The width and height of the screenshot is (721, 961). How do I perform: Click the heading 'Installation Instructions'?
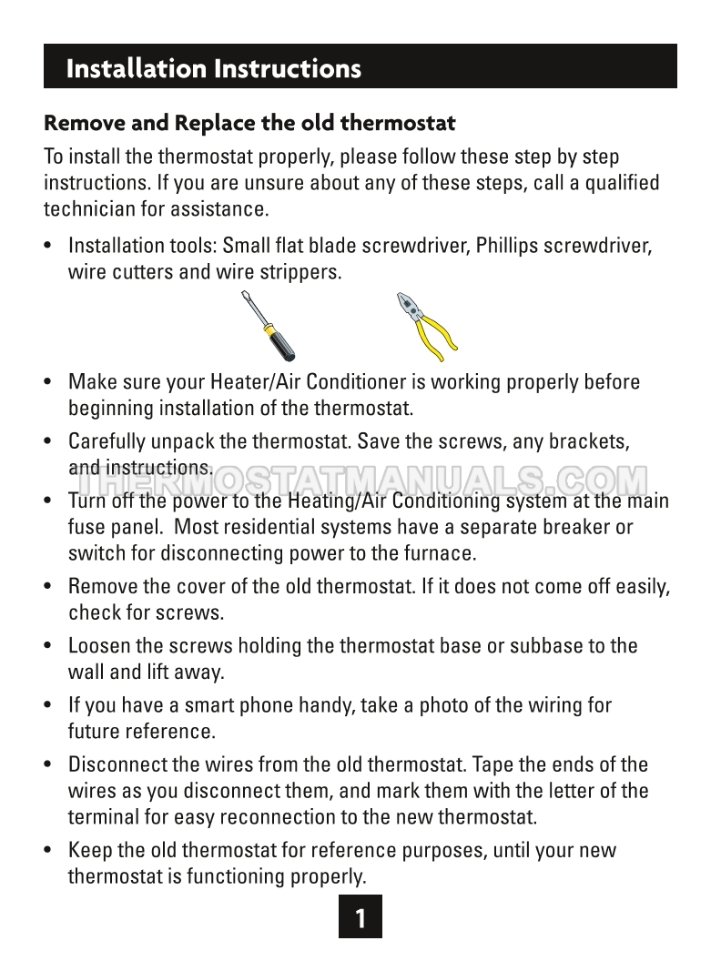tap(214, 68)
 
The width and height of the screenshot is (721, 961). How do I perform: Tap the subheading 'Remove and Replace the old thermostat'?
tap(249, 122)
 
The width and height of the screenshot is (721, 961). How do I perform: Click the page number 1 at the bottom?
tap(360, 918)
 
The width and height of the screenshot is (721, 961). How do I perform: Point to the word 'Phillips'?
tap(494, 247)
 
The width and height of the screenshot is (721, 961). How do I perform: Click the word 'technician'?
tap(88, 208)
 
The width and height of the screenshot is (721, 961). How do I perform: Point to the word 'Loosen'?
tap(101, 646)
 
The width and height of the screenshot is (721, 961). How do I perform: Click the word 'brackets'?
tap(593, 442)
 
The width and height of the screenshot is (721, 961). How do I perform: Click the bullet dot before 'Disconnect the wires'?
tap(48, 765)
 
